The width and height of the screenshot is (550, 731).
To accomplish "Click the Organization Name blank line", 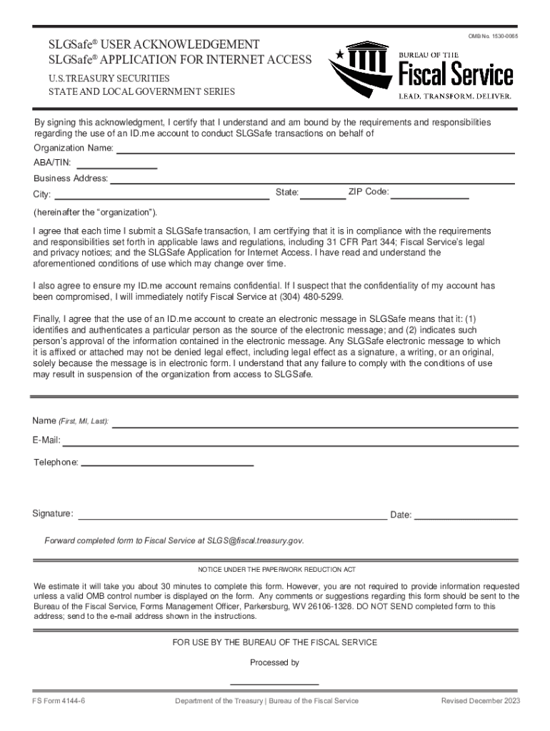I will pyautogui.click(x=315, y=151).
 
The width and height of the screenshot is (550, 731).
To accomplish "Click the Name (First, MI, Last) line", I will pyautogui.click(x=315, y=424).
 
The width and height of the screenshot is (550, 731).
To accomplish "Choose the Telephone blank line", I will pyautogui.click(x=167, y=464).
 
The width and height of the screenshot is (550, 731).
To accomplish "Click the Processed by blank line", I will pyautogui.click(x=275, y=682).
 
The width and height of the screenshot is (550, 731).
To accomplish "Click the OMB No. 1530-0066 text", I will pyautogui.click(x=493, y=36).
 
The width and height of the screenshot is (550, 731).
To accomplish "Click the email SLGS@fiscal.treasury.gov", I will pyautogui.click(x=255, y=540).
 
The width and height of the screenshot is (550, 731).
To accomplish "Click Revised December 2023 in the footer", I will pyautogui.click(x=481, y=701).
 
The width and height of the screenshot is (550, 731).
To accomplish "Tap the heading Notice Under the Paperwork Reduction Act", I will pyautogui.click(x=276, y=570).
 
